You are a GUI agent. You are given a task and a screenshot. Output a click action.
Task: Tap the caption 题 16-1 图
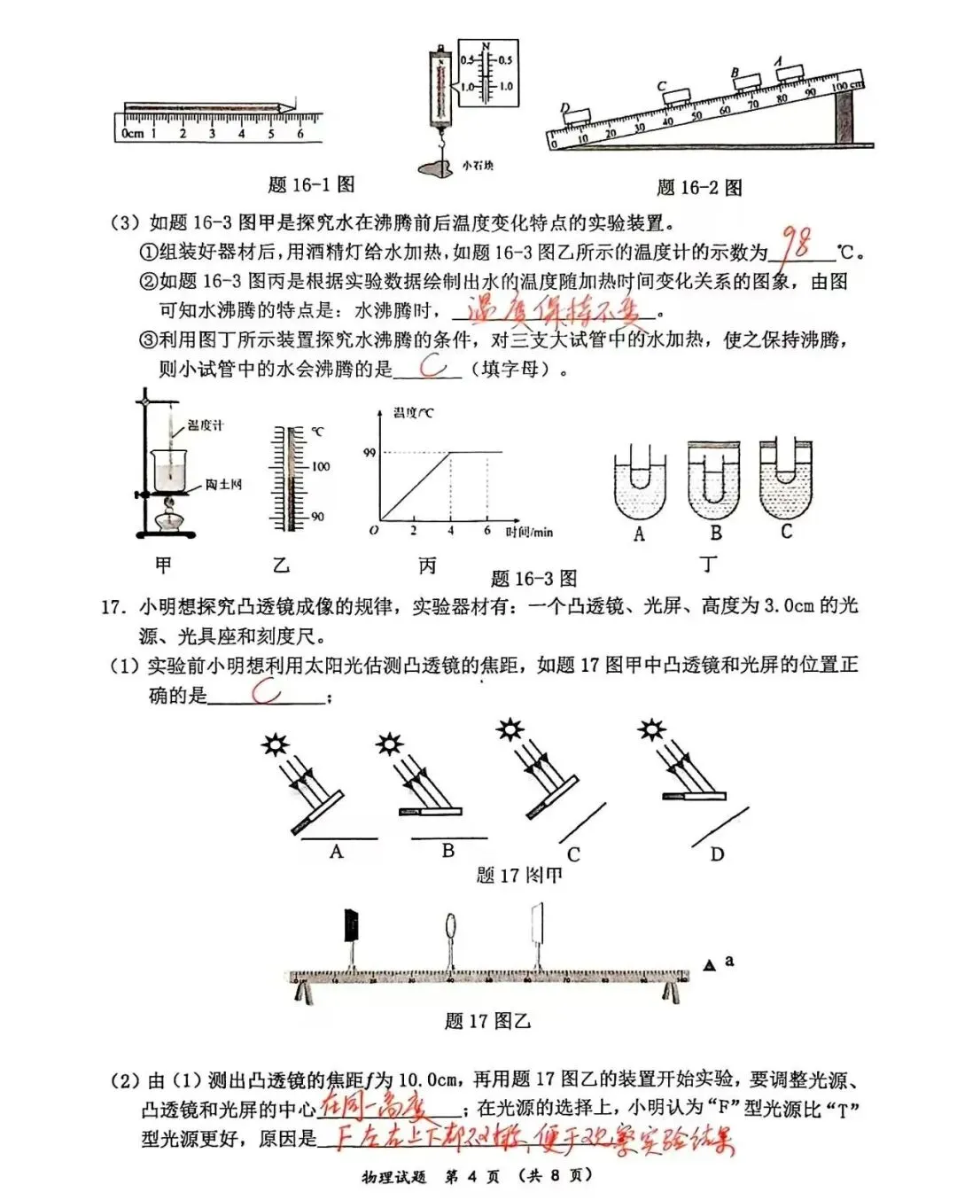(x=311, y=184)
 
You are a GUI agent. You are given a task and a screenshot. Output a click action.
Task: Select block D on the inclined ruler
(x=577, y=116)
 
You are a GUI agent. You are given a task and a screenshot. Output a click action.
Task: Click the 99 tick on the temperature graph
(x=370, y=452)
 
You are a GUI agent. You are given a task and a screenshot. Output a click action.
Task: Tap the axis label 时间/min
(x=529, y=532)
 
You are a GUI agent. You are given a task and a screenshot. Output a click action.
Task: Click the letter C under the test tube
(x=786, y=532)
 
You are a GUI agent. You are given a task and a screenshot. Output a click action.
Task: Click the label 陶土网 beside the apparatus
(x=223, y=485)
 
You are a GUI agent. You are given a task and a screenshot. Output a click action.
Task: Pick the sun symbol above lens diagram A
(x=276, y=743)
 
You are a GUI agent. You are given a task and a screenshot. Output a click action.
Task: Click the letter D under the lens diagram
(x=717, y=854)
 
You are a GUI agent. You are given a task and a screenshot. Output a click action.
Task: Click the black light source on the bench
(x=352, y=925)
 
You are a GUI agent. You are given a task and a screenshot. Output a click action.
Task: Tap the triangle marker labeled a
(x=709, y=965)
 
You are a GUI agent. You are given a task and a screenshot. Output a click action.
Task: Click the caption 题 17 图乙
(x=486, y=1021)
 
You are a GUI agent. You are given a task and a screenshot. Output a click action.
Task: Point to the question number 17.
(x=111, y=607)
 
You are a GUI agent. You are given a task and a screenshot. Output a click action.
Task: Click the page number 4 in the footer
(x=471, y=1176)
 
